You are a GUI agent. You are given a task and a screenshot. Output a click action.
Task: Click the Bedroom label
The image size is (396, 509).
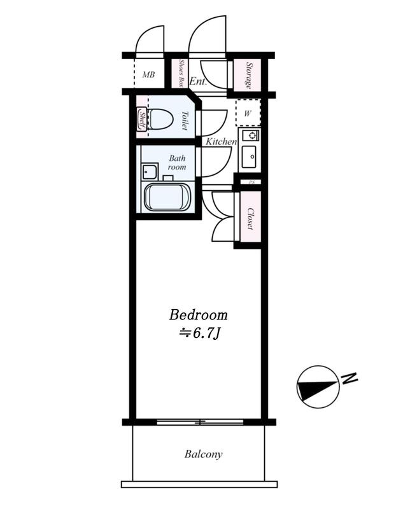click(198, 315)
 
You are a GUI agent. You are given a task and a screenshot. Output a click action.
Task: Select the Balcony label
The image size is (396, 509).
click(203, 454)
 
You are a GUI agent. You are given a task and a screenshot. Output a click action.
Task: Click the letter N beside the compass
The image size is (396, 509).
click(350, 378)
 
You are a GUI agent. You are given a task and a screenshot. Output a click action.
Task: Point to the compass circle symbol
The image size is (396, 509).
click(318, 387)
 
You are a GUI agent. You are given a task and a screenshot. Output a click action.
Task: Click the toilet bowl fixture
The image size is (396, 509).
click(160, 118)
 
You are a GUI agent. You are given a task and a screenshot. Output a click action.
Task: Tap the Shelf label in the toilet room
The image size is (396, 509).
click(142, 119)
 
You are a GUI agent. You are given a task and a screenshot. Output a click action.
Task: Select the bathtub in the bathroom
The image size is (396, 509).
click(167, 197)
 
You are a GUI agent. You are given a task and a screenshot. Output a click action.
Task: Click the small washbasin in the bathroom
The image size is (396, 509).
click(150, 171)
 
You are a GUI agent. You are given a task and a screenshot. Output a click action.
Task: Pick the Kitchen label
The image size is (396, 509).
click(222, 141)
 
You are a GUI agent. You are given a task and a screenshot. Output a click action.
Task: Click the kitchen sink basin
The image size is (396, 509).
click(249, 157)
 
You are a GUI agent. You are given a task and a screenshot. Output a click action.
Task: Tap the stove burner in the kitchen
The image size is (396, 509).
click(251, 134)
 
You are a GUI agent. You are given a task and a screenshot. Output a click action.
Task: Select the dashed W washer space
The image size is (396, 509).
click(248, 113)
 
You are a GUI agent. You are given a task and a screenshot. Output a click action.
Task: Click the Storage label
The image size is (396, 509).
click(249, 75)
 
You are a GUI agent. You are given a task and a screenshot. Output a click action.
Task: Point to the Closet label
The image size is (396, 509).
click(250, 218)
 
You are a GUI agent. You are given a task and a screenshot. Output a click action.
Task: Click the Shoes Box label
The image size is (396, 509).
click(181, 73)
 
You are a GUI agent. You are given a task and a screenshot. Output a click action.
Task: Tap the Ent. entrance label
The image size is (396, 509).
click(198, 81)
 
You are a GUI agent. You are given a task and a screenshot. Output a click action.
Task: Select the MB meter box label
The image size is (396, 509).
click(149, 75)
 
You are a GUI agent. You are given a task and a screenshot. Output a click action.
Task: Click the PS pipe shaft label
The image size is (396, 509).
click(251, 182)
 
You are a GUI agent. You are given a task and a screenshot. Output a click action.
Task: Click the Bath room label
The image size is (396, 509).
click(177, 163)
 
